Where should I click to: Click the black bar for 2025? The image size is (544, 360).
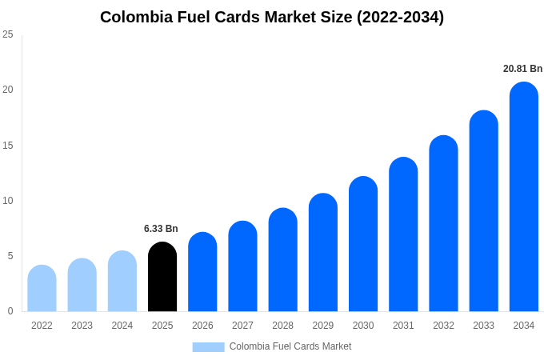point(162,277)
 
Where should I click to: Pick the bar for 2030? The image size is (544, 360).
point(363,244)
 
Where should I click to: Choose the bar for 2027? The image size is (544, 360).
point(242,266)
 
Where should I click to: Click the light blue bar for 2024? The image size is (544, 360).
point(122,281)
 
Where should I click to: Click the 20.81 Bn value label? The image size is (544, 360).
point(522,69)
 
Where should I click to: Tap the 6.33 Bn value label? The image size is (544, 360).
point(161,229)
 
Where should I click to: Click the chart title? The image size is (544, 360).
point(272,17)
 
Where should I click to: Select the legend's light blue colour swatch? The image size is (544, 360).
point(208,346)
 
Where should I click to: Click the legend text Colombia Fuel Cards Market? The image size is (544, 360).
point(290,346)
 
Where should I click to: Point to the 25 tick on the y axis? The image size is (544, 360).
point(8,34)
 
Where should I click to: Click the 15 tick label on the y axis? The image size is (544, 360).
point(8,146)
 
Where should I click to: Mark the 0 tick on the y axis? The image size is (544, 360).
point(10,311)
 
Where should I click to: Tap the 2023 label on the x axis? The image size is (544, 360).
point(82,326)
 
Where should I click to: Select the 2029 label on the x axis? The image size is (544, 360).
point(322,326)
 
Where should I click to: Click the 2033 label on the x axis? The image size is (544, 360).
point(483,326)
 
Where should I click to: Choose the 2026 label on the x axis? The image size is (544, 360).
point(202,326)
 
